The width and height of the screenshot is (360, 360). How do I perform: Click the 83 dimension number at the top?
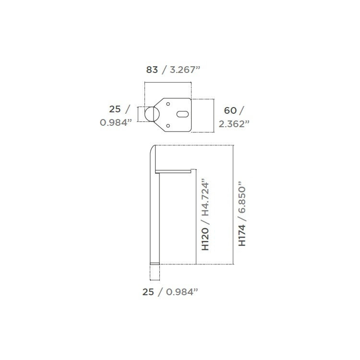point(152,70)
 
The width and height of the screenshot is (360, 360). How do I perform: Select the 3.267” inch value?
point(185,70)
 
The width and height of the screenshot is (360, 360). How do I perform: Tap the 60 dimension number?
point(230,111)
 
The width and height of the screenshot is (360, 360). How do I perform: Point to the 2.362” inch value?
point(234,124)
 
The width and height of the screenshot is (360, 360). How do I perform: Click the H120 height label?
point(205,239)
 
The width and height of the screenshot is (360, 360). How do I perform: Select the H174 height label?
point(242,235)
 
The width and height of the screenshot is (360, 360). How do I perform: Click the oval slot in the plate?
point(182,114)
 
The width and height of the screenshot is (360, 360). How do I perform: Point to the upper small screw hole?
point(168,104)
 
